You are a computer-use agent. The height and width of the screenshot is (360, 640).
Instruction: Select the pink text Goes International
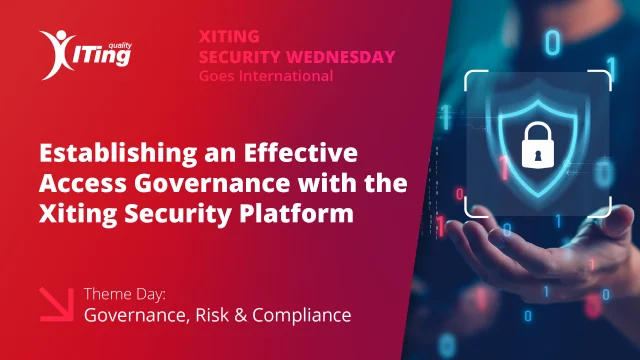click(x=265, y=74)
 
